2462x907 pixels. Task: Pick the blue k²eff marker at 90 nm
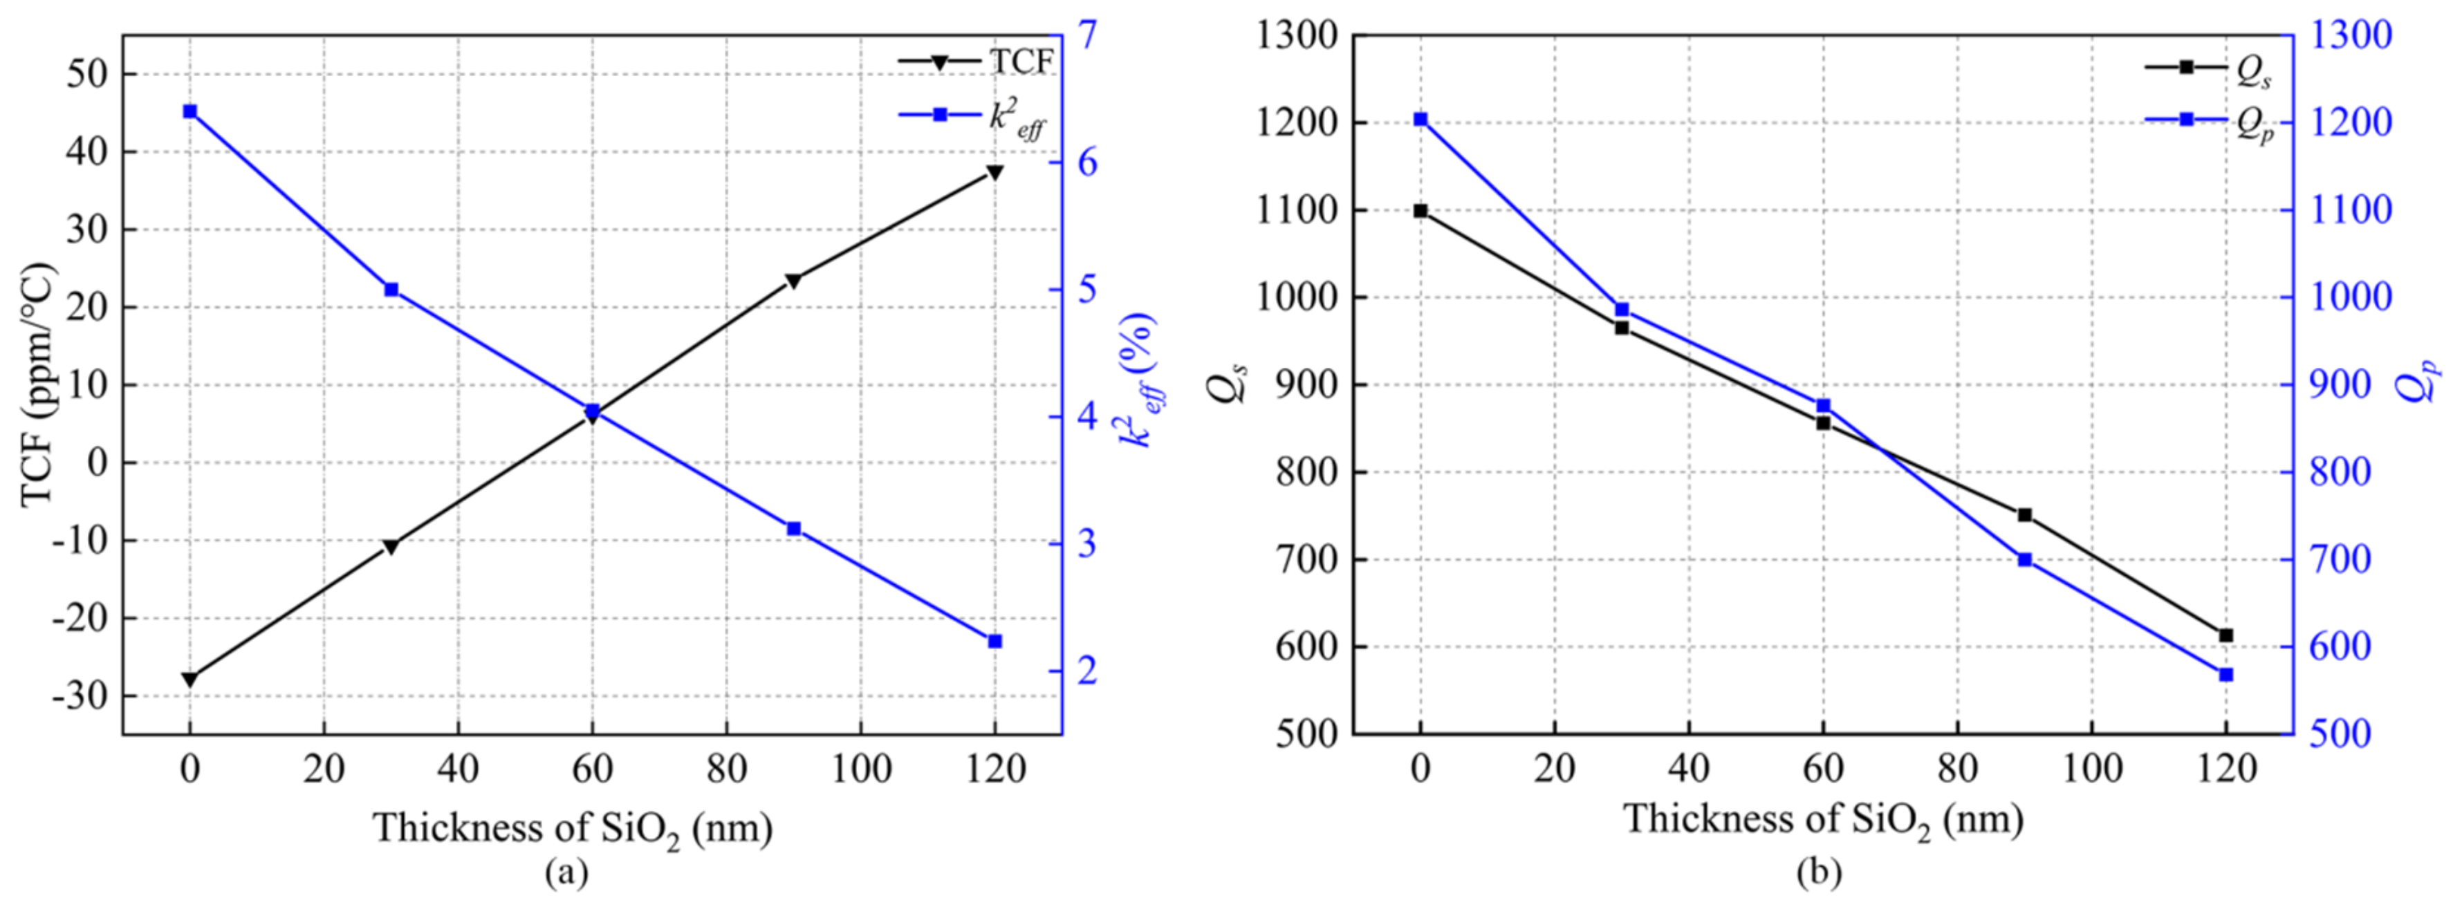[793, 529]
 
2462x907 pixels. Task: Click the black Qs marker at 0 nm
[1420, 210]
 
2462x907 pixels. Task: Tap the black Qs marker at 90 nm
[2024, 515]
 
